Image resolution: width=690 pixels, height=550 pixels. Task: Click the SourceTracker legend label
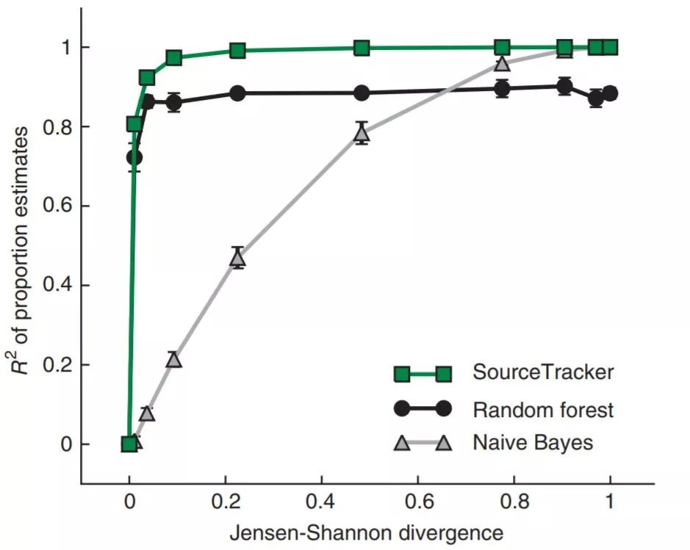coord(542,372)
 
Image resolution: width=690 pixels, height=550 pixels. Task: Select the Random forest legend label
coord(543,408)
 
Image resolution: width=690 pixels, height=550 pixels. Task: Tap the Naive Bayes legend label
coord(533,443)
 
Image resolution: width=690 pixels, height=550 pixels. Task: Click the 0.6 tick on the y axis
coord(82,206)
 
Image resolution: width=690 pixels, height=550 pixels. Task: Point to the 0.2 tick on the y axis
coord(82,365)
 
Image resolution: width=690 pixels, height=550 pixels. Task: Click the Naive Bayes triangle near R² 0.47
coord(237,258)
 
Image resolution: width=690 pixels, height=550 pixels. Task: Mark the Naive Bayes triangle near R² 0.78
coord(361,134)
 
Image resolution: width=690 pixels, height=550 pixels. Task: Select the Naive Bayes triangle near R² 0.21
coord(173,360)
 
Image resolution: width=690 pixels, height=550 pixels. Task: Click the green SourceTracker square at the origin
coord(129,444)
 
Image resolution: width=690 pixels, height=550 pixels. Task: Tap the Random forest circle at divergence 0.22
coord(237,93)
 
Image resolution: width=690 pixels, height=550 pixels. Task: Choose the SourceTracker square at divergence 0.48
coord(361,48)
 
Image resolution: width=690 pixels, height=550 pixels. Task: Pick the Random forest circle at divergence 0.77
coord(503,89)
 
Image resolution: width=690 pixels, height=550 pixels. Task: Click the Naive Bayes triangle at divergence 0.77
coord(503,63)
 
